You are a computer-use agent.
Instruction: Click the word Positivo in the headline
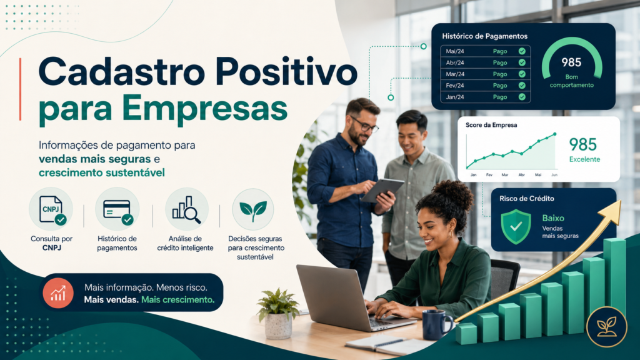click(286, 72)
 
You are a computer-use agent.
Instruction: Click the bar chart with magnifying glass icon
click(186, 210)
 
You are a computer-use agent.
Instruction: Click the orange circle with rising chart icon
click(58, 292)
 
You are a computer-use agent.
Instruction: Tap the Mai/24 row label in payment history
click(455, 51)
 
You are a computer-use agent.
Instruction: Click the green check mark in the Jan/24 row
click(522, 97)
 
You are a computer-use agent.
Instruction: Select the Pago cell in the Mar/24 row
click(500, 74)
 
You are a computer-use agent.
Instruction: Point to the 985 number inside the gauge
click(571, 62)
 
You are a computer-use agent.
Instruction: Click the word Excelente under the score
click(584, 159)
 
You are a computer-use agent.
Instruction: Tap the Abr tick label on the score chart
click(521, 175)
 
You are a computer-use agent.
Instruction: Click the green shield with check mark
click(516, 226)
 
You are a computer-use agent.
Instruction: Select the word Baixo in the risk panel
click(553, 218)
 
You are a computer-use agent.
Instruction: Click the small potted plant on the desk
click(278, 314)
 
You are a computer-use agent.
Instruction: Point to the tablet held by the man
click(382, 190)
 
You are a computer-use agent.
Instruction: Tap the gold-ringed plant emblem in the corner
click(606, 326)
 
